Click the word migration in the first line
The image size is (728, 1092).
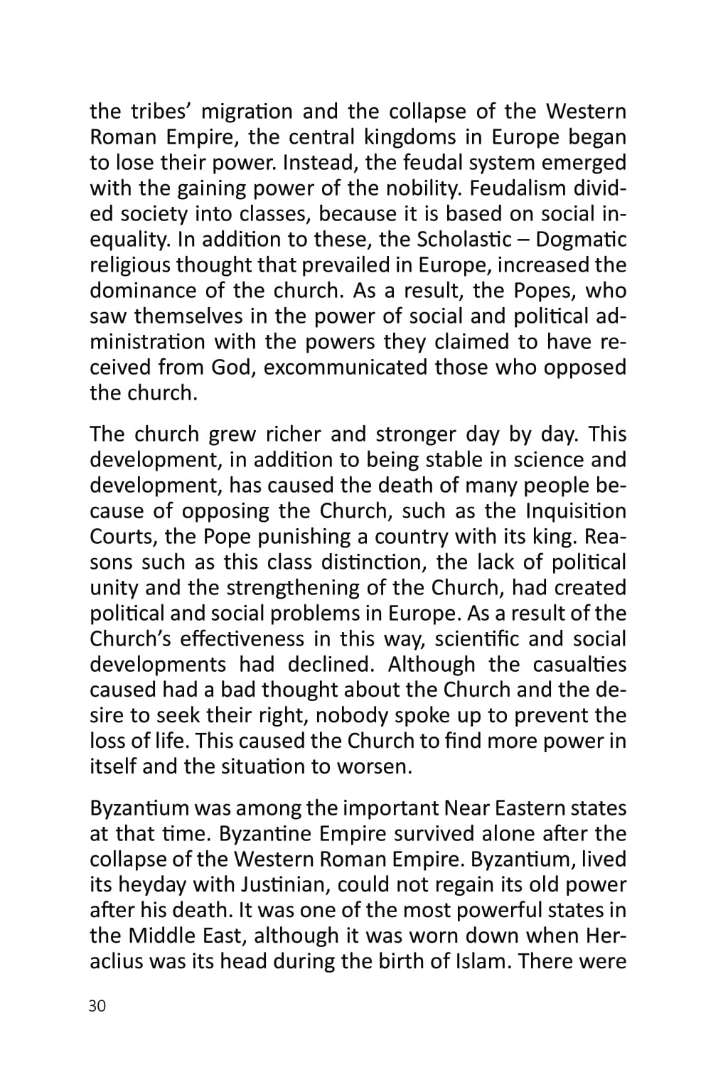click(x=247, y=112)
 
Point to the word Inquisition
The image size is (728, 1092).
click(x=576, y=511)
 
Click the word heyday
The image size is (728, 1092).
click(x=154, y=885)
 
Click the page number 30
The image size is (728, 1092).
click(x=97, y=1007)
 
